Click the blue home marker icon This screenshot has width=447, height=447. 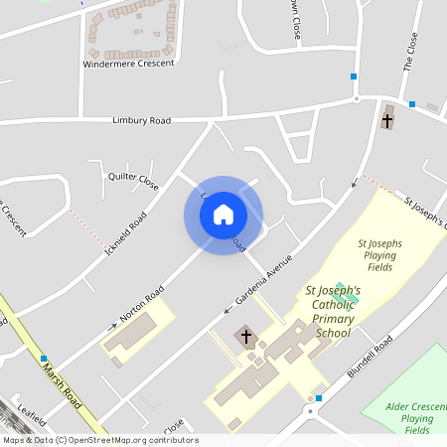pyautogui.click(x=223, y=215)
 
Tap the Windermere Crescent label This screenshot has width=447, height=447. pyautogui.click(x=129, y=63)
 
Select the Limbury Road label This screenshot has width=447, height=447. pyautogui.click(x=141, y=120)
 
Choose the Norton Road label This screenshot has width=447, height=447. pyautogui.click(x=142, y=306)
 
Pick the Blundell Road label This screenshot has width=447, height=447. pyautogui.click(x=371, y=359)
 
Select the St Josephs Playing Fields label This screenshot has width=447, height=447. pyautogui.click(x=380, y=255)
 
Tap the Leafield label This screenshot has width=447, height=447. pyautogui.click(x=31, y=410)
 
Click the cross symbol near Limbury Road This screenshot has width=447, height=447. pyautogui.click(x=387, y=120)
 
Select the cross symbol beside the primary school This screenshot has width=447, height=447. pyautogui.click(x=246, y=337)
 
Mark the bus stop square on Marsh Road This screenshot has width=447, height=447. pyautogui.click(x=44, y=358)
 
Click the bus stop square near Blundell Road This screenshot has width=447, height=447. pyautogui.click(x=318, y=398)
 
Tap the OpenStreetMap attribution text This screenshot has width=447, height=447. pyautogui.click(x=99, y=440)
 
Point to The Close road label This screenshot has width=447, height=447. pyautogui.click(x=408, y=51)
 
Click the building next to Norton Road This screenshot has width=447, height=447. pyautogui.click(x=132, y=335)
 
